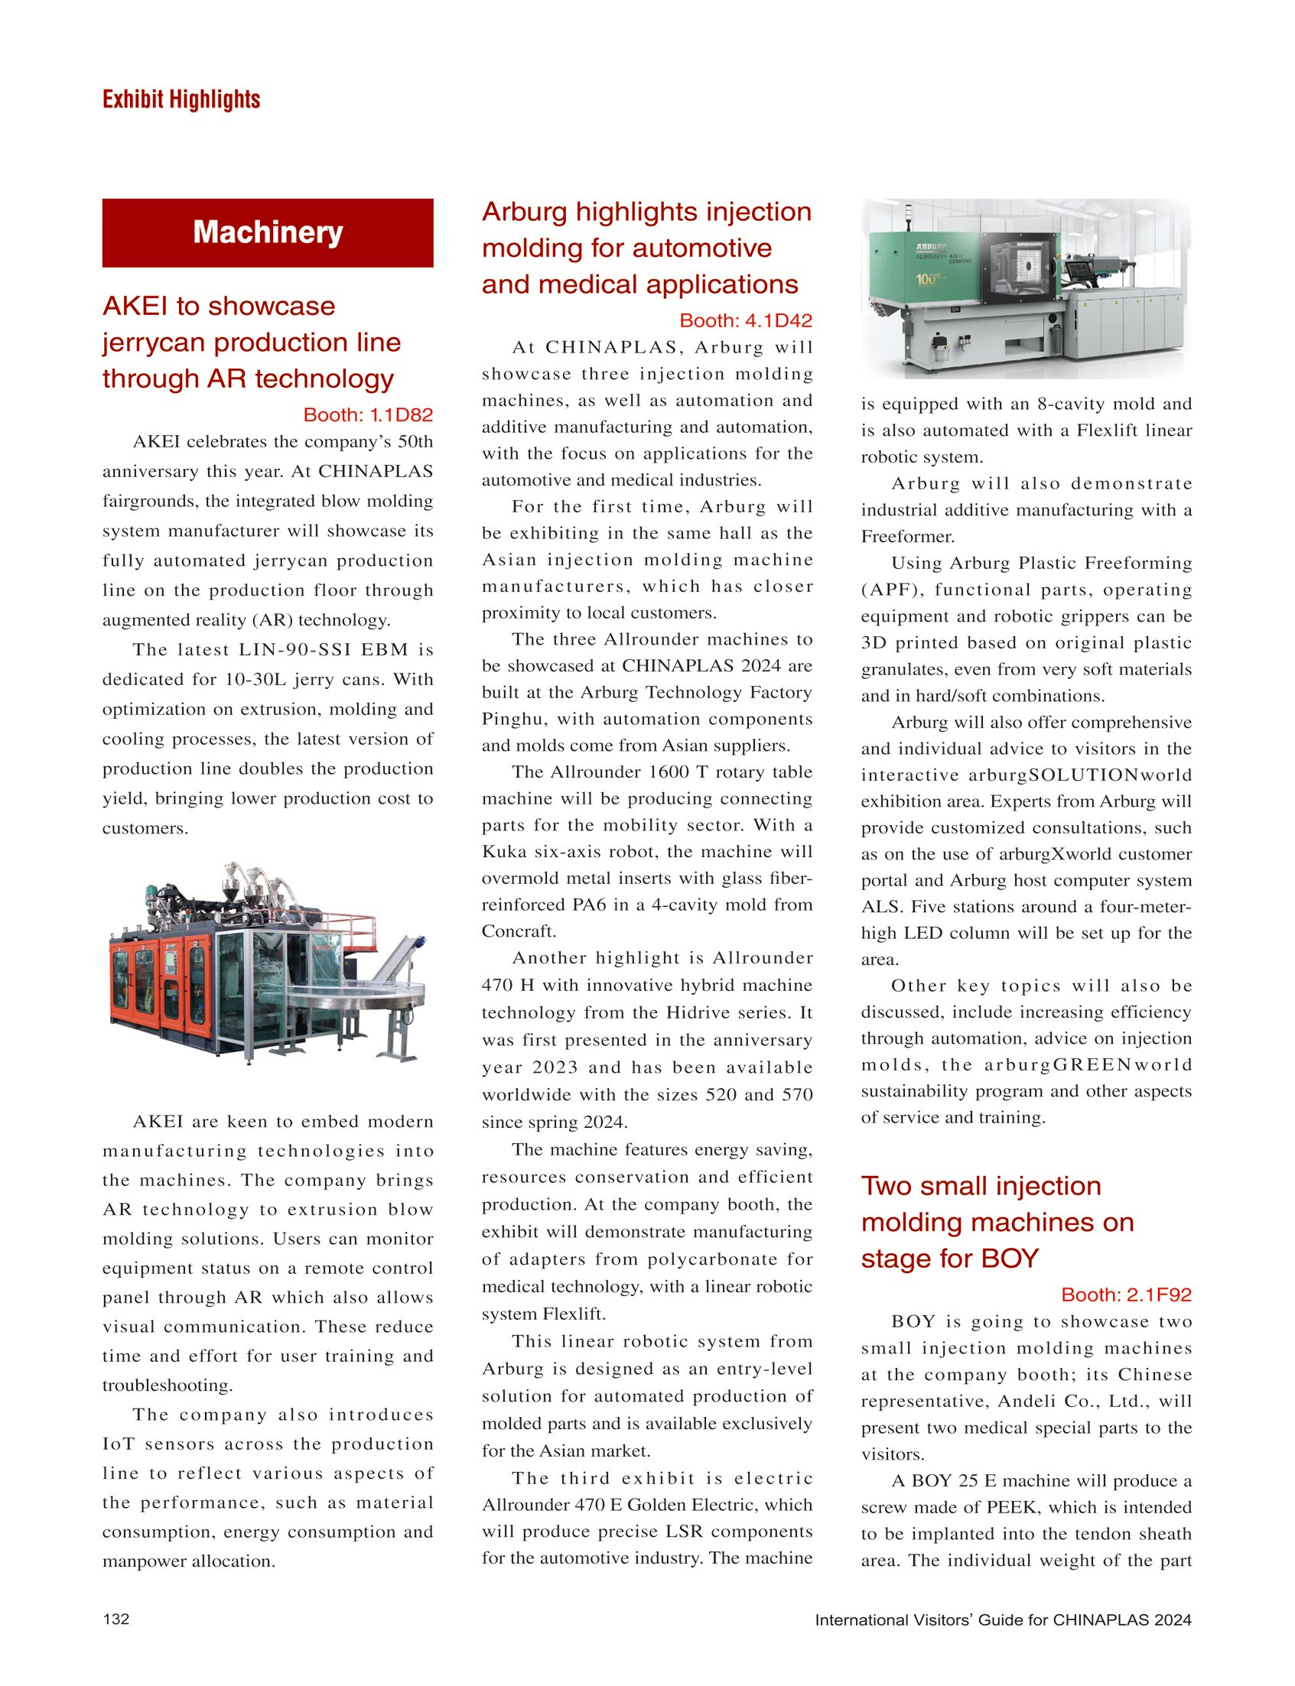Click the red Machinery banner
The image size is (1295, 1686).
[x=268, y=232]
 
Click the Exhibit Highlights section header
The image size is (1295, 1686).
[x=181, y=99]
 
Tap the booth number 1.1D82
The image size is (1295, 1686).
[x=368, y=415]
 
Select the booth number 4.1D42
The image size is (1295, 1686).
[x=745, y=320]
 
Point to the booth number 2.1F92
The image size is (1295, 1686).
[x=1125, y=1295]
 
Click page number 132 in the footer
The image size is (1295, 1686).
[x=116, y=1619]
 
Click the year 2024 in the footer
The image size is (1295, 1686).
[x=1173, y=1619]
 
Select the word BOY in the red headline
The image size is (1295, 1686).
[x=1009, y=1259]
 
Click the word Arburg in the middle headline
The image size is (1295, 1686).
[x=524, y=212]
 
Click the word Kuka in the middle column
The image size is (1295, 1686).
[x=503, y=852]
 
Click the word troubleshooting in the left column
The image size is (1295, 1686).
[x=168, y=1386]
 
